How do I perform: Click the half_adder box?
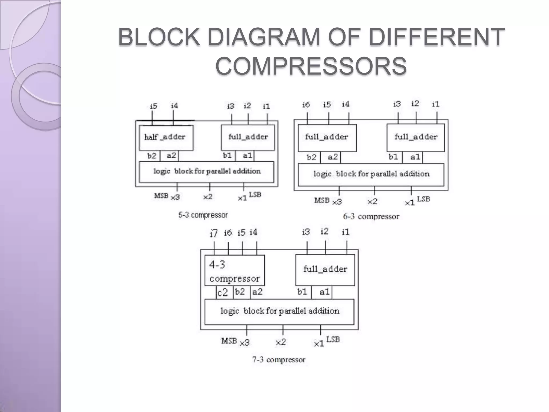click(166, 137)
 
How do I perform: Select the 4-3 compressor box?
click(235, 270)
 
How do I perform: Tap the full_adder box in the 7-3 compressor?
click(325, 270)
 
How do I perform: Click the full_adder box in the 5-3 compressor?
click(248, 137)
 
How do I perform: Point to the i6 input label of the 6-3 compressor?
click(306, 105)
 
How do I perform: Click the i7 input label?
click(214, 233)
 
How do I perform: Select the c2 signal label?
click(222, 292)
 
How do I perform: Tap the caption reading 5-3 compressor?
click(203, 215)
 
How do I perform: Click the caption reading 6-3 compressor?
click(371, 216)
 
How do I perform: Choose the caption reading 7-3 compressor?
click(279, 360)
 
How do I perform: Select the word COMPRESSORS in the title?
click(311, 66)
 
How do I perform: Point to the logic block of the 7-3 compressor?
click(279, 312)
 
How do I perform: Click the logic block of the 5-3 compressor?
click(206, 172)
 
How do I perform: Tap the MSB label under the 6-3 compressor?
click(322, 200)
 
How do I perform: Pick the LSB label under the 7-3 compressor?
click(333, 340)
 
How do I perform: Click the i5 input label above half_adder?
click(153, 106)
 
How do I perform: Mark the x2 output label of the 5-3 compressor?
click(208, 197)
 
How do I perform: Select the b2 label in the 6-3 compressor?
click(311, 157)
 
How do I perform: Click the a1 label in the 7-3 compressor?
click(324, 292)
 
